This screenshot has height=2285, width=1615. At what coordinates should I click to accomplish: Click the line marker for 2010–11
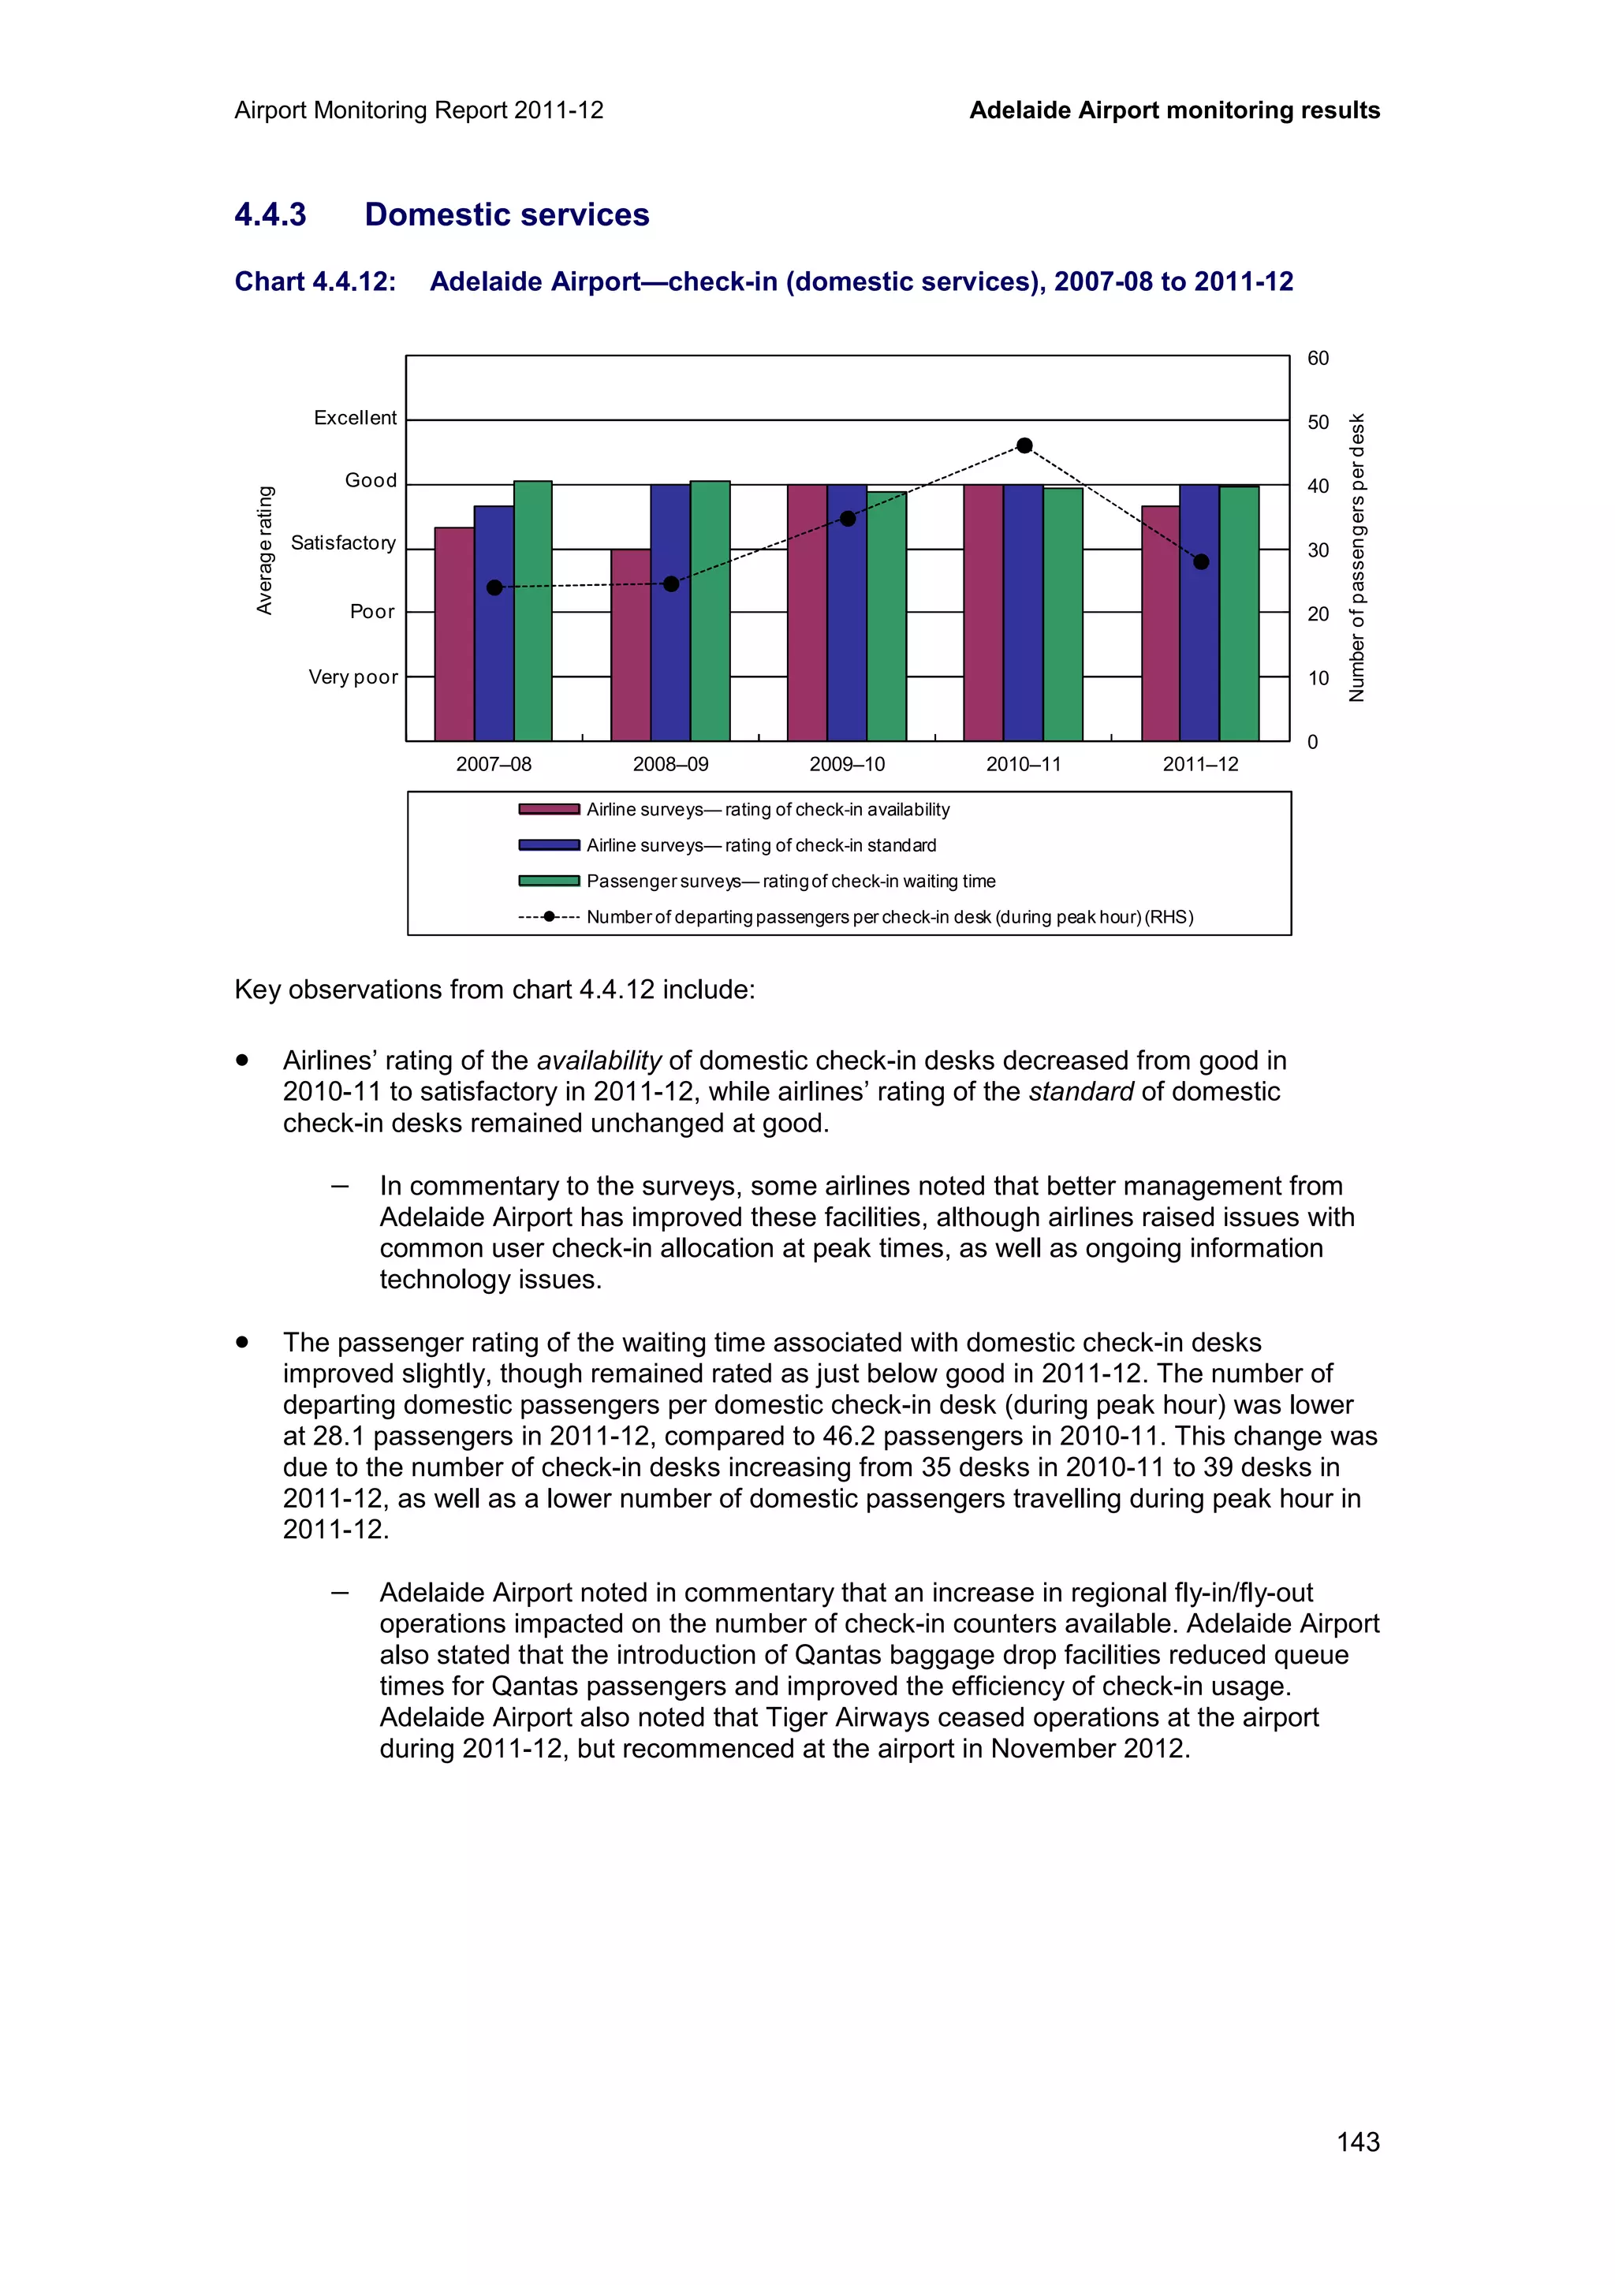click(1024, 445)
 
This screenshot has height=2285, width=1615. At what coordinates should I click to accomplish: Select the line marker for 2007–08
click(494, 587)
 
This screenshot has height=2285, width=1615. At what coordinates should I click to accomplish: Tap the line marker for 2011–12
click(1201, 561)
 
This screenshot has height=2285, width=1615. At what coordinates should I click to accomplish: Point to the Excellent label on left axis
click(354, 418)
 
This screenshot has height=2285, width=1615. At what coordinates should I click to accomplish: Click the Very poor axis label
click(352, 678)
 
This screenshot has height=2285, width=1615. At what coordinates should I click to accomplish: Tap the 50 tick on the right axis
click(1318, 422)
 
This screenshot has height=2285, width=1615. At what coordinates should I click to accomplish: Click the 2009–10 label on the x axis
click(847, 764)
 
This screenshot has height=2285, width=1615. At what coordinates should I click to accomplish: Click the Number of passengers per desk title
click(1356, 557)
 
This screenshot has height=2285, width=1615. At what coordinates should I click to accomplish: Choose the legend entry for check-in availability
click(767, 809)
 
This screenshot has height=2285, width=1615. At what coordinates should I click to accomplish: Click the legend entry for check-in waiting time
click(790, 881)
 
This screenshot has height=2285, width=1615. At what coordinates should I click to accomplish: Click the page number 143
click(1357, 2141)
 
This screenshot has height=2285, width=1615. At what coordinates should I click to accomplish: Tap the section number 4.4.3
click(270, 215)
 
